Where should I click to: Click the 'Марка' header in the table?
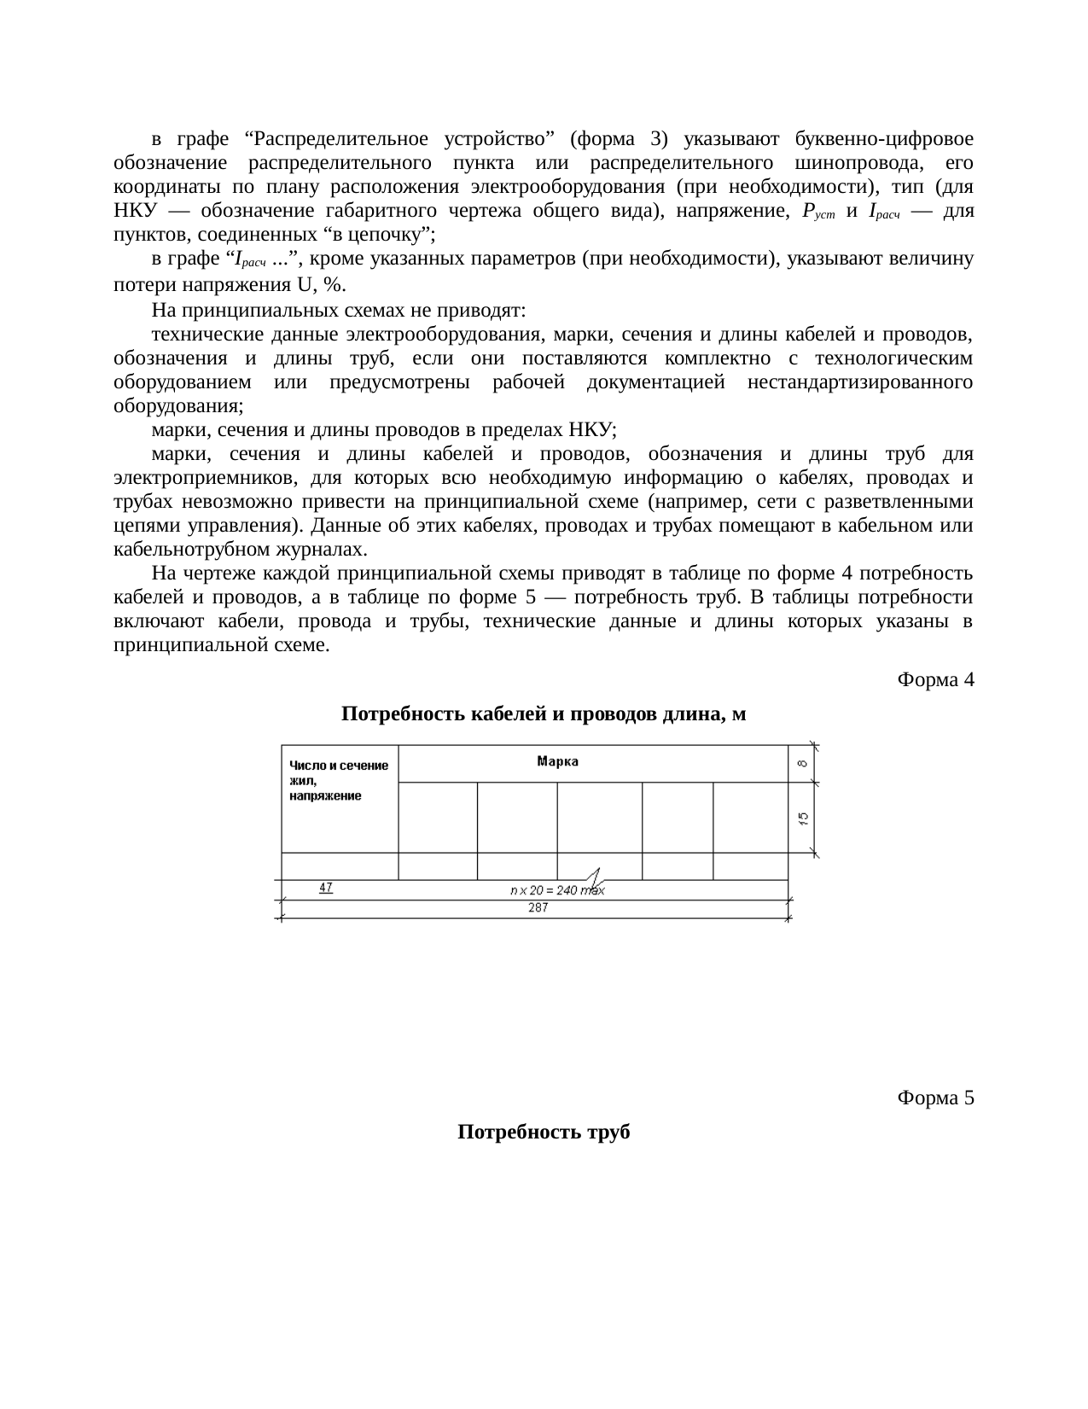tap(557, 761)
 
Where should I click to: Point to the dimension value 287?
tap(538, 908)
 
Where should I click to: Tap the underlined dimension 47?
tap(326, 888)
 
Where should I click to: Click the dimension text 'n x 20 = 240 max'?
tap(556, 890)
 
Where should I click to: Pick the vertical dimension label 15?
tap(803, 818)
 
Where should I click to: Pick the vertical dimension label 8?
tap(803, 763)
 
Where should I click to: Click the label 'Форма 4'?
tap(935, 680)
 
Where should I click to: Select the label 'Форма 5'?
tap(935, 1098)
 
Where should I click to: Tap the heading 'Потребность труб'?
tap(544, 1132)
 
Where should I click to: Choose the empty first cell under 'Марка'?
tap(438, 816)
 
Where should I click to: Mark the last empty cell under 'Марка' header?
tap(749, 816)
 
